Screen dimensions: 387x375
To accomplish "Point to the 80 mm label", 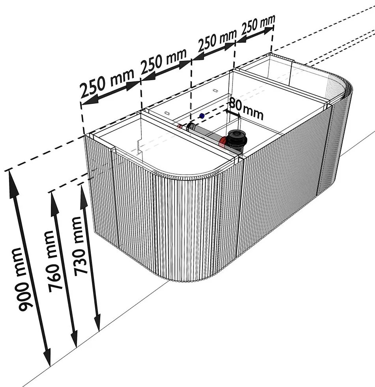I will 246,109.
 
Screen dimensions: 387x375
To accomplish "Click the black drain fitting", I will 237,139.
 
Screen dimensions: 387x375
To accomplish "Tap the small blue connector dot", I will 202,116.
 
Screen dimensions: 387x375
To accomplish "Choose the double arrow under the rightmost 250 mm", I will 255,37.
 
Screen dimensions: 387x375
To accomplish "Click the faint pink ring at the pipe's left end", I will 180,127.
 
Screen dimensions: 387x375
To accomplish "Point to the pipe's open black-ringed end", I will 191,127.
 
